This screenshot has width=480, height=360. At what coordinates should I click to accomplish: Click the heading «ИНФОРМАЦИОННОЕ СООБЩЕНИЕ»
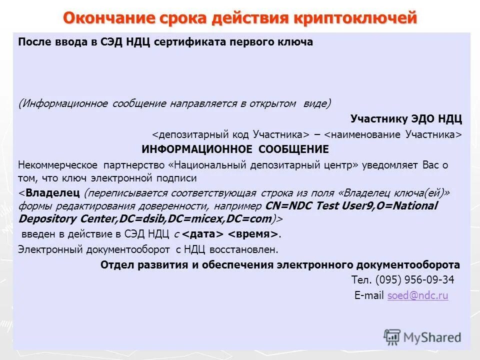[x=235, y=149]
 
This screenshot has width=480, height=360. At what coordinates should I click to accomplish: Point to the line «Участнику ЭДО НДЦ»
[x=406, y=119]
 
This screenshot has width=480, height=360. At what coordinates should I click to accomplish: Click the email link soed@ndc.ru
[x=417, y=295]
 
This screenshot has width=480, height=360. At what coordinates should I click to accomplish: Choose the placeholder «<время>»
[x=253, y=234]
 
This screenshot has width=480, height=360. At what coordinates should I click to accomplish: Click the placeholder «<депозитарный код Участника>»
[x=230, y=134]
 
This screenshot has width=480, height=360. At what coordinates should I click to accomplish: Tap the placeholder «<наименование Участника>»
[x=393, y=134]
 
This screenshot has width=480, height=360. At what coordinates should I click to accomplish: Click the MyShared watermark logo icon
[x=392, y=337]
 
